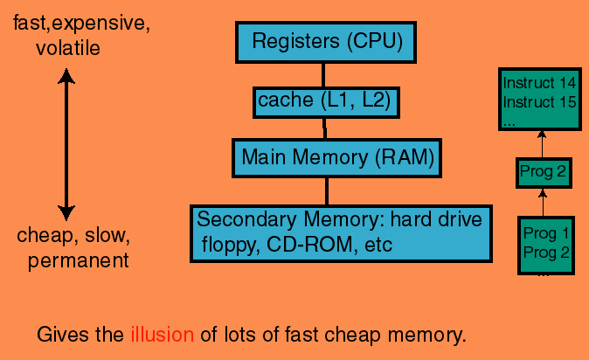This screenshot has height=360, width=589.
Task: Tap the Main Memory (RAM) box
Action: click(x=325, y=158)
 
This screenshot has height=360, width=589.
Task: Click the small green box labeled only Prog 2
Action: click(x=543, y=170)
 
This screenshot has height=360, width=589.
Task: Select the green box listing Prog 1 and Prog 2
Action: click(x=546, y=245)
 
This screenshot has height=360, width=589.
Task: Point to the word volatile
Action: click(x=68, y=47)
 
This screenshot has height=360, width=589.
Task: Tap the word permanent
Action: click(x=79, y=260)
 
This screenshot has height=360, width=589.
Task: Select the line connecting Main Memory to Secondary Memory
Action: click(x=327, y=190)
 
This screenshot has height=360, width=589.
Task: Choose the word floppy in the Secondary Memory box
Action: click(x=225, y=246)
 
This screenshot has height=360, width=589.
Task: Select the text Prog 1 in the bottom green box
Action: click(x=545, y=233)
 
